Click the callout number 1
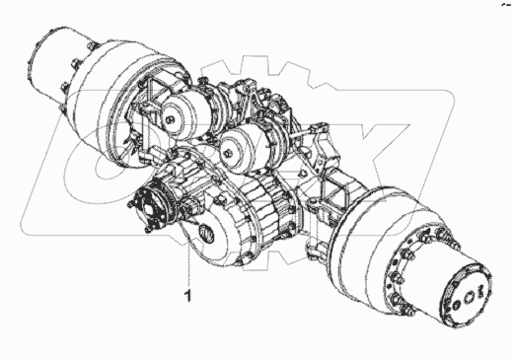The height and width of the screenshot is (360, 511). coord(188,296)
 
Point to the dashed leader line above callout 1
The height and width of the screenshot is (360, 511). coord(188,253)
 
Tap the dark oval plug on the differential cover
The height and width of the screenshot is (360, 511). coord(206,233)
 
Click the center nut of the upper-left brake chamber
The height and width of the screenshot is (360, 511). coord(169,118)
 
